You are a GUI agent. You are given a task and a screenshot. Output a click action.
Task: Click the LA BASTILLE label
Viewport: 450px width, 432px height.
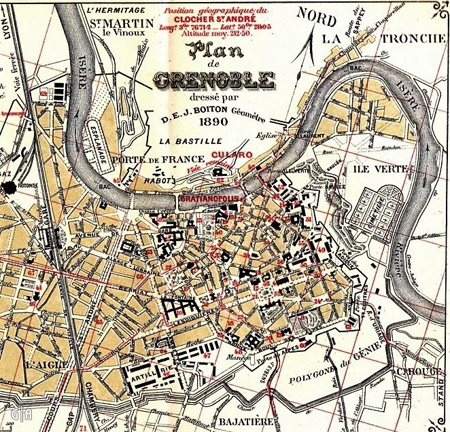click(x=191, y=141)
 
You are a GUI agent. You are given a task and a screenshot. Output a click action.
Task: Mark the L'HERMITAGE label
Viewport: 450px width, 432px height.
click(x=117, y=10)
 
